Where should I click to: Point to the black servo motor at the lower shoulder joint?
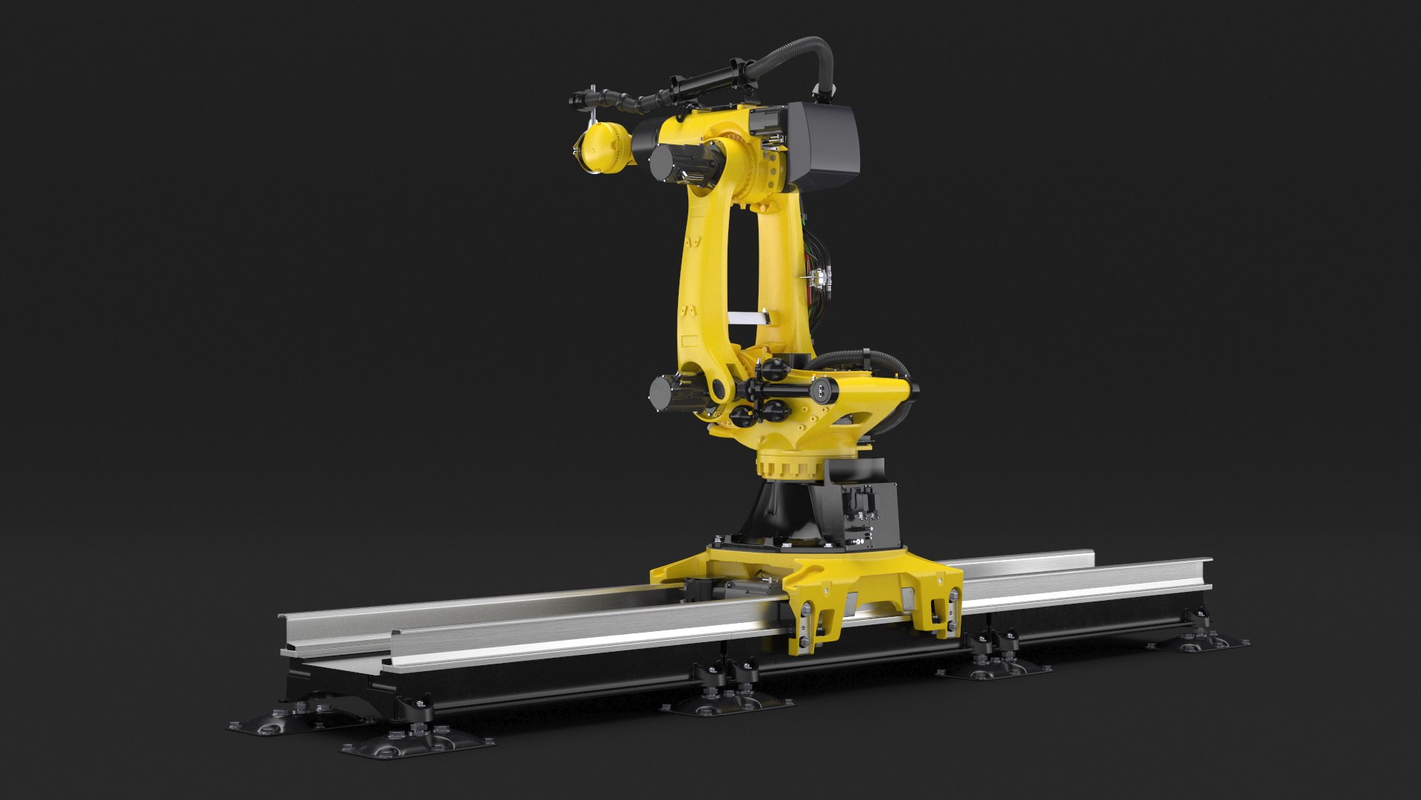pos(671,393)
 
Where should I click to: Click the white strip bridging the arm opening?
pos(749,318)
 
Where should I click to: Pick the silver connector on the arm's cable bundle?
pos(819,279)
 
